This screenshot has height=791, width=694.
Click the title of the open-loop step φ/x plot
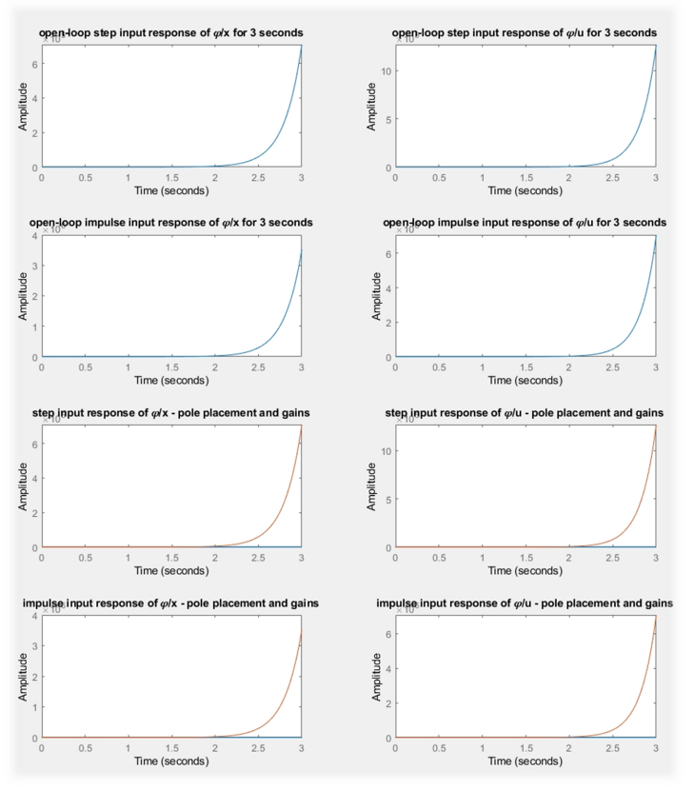coord(171,33)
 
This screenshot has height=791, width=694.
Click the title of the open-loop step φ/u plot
coord(524,33)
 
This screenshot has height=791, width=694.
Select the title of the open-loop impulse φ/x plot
coord(171,223)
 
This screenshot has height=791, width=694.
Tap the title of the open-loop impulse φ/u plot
coord(524,223)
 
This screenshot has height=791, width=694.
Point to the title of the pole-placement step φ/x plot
coord(171,412)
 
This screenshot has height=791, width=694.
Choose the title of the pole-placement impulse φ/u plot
coord(525,603)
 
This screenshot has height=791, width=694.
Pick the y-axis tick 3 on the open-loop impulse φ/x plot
coord(33,267)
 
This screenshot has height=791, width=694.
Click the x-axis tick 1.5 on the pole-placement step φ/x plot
coord(171,558)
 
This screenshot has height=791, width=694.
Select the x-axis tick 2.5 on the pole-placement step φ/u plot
coord(612,558)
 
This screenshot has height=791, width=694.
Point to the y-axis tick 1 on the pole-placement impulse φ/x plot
coord(33,707)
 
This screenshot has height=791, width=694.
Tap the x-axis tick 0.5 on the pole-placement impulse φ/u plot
coord(439,748)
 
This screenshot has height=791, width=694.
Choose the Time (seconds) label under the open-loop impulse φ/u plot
coord(525,381)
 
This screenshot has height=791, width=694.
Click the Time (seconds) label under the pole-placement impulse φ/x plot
coord(171,761)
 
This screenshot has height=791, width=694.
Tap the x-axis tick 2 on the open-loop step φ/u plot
coord(568,178)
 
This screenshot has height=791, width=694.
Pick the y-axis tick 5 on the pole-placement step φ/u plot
coord(387,498)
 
